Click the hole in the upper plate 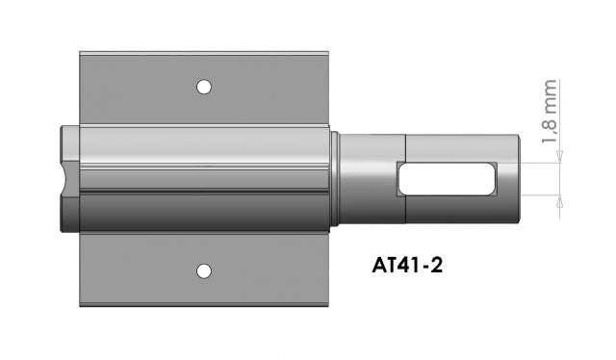click(x=203, y=87)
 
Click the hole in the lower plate click(x=203, y=271)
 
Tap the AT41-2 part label click(x=407, y=266)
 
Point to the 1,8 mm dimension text click(x=550, y=112)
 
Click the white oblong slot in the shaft click(x=447, y=179)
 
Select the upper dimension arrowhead click(x=560, y=157)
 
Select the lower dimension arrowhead click(x=560, y=201)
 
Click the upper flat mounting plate click(x=204, y=89)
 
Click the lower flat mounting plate click(x=204, y=269)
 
